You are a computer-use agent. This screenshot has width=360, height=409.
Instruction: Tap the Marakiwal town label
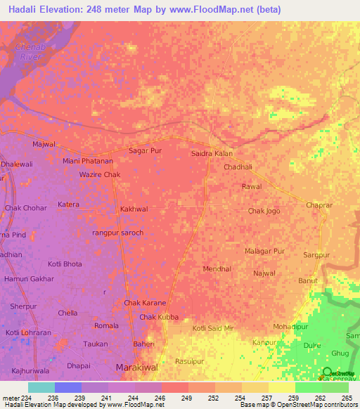pos(136,368)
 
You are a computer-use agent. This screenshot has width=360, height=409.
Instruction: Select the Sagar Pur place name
pos(145,150)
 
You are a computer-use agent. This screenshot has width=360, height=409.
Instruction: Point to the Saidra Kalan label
pos(212,153)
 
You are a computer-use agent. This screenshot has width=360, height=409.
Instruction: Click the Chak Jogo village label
pos(264,211)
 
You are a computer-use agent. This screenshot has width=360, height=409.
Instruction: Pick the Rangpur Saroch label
pos(118,233)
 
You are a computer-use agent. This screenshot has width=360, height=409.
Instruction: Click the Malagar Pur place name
pos(264,251)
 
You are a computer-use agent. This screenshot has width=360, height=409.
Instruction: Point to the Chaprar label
pos(319,204)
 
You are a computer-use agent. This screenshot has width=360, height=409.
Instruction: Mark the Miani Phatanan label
pos(88,161)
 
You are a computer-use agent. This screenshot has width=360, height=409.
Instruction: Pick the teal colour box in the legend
pos(41,387)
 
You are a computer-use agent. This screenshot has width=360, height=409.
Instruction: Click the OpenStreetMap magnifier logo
pos(328,372)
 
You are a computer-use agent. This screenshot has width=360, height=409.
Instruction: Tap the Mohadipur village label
pos(290,327)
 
